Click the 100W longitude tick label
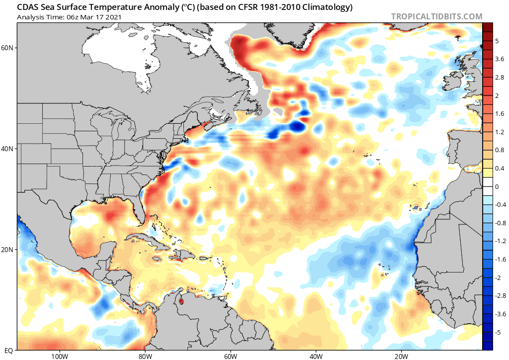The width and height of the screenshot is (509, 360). point(59,356)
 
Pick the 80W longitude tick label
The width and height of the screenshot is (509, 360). point(145,356)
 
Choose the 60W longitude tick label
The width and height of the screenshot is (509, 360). point(230,356)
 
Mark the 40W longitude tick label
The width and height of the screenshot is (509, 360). point(316,356)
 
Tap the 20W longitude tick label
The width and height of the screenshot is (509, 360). point(401,356)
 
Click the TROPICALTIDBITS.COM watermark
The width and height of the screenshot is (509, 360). point(436,16)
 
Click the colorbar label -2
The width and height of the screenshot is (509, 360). point(497,277)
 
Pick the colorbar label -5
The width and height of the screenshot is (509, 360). point(497,332)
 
